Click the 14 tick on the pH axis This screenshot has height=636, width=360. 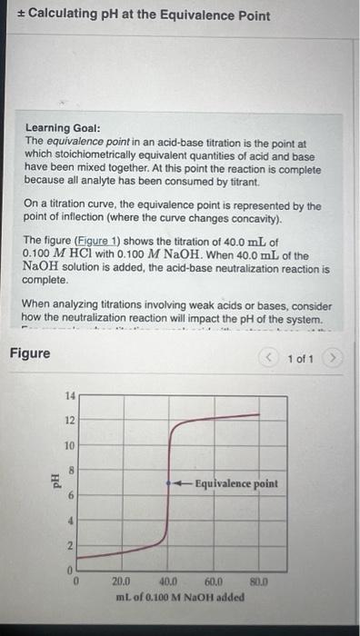click(x=71, y=396)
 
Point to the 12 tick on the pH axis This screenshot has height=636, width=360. click(x=71, y=421)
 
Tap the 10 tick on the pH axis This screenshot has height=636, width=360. click(x=71, y=446)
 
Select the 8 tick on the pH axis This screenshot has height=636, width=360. click(x=71, y=472)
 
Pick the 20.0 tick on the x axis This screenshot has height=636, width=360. click(x=122, y=582)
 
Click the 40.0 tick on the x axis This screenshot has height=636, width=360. click(x=168, y=582)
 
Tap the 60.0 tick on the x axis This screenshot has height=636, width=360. click(x=215, y=582)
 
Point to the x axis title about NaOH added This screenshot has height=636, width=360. click(x=180, y=597)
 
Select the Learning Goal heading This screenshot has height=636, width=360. click(x=65, y=130)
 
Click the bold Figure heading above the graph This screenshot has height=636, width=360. click(x=30, y=352)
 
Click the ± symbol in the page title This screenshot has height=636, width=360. click(x=17, y=13)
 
